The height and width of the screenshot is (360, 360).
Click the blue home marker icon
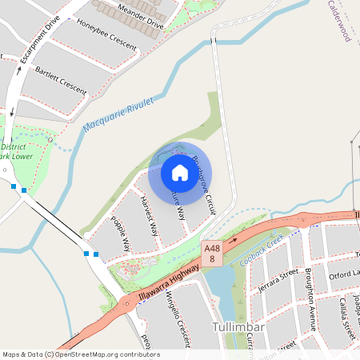click(180, 172)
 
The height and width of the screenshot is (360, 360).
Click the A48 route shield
click(212, 253)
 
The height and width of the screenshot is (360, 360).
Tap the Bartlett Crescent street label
click(61, 80)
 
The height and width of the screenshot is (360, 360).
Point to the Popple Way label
click(121, 234)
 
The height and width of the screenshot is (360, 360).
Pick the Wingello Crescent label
click(176, 316)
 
